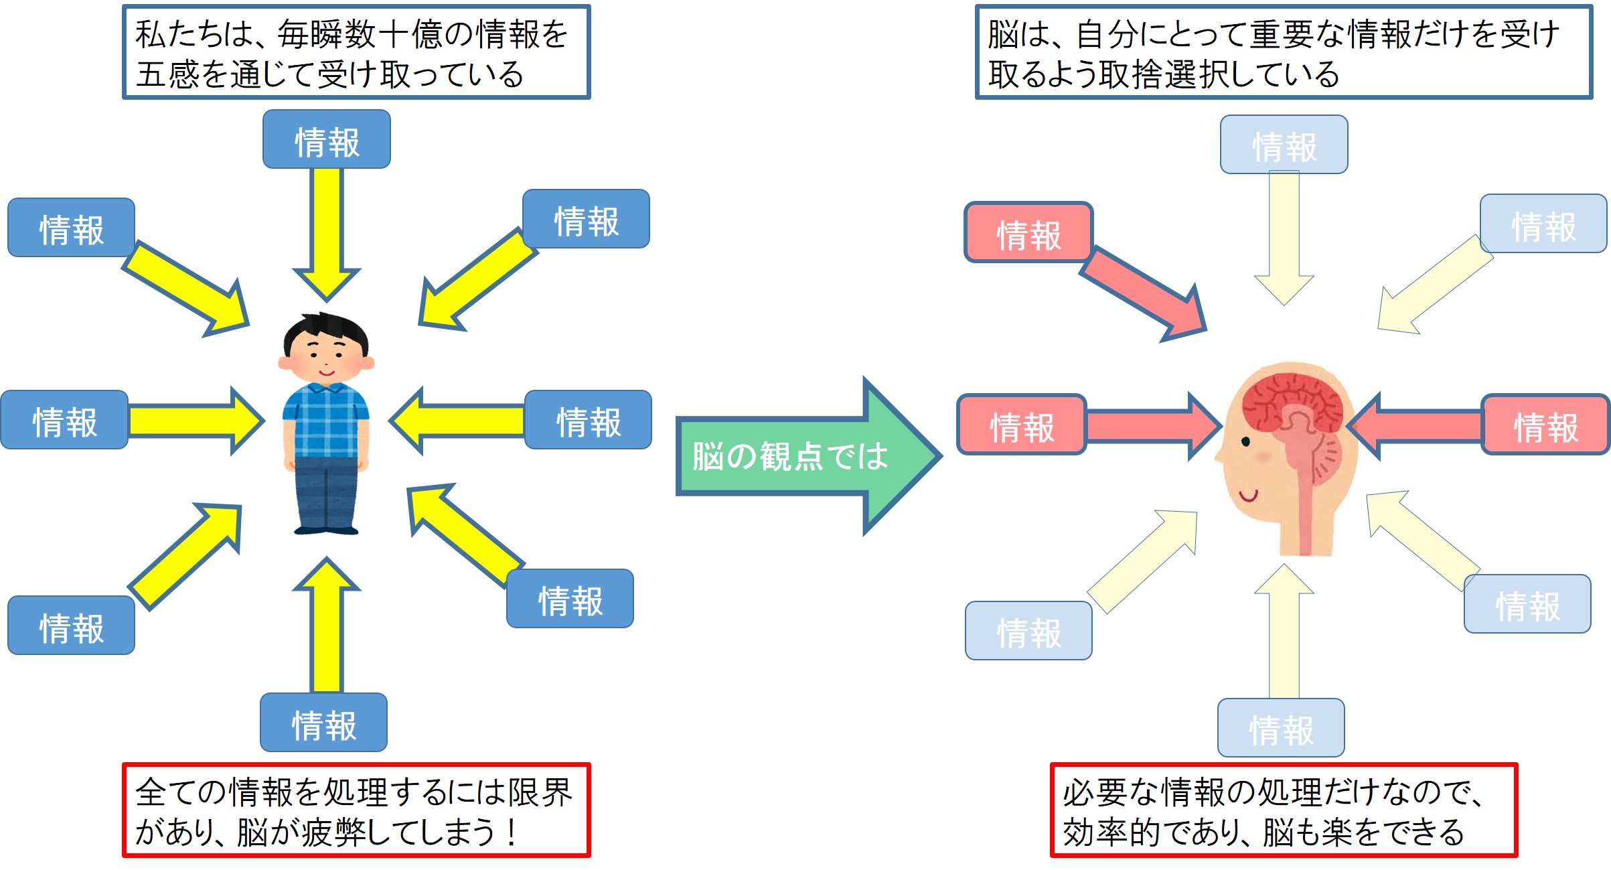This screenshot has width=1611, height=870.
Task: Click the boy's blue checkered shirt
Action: coord(326,419)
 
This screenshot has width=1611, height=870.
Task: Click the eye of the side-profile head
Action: coord(1245,441)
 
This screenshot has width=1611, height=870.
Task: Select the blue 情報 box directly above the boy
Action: coord(327,140)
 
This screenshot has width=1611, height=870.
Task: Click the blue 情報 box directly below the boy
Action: coord(324,723)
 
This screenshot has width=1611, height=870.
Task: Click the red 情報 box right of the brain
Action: coord(1545,426)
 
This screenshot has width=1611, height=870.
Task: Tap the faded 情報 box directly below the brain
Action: coord(1281,729)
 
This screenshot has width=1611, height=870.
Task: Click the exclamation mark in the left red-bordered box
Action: coord(512,832)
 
